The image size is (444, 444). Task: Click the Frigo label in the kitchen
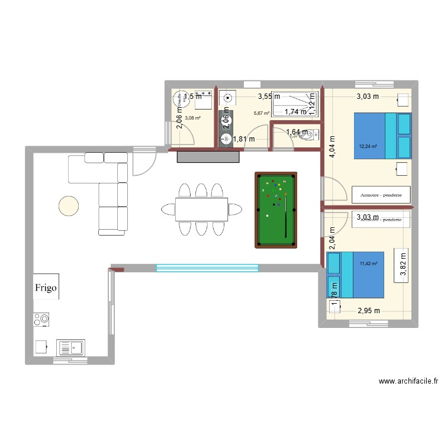pos(46,288)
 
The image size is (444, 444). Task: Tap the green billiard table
pos(275,210)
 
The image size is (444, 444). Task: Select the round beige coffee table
pos(69,205)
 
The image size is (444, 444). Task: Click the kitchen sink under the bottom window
pos(70,347)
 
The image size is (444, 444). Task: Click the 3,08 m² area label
pos(192,118)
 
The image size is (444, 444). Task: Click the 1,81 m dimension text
pos(243,140)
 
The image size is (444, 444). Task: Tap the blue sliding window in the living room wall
pos(207,268)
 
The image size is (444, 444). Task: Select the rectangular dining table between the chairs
pos(201,208)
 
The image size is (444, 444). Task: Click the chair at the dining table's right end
pos(236,208)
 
